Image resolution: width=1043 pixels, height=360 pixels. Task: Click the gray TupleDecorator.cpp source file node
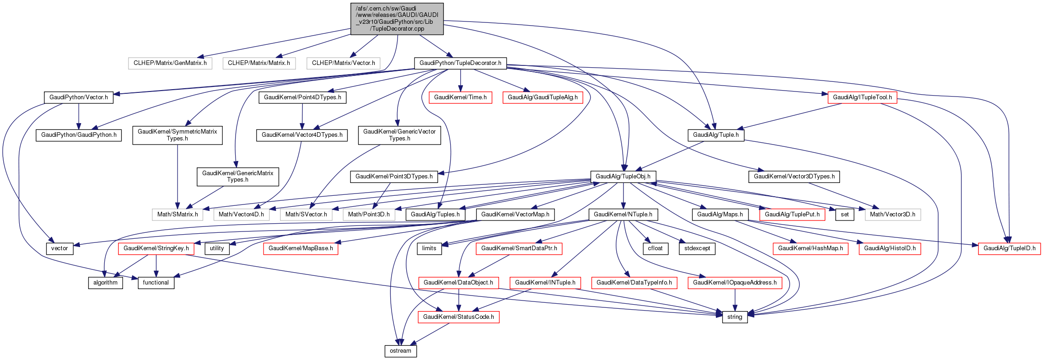(397, 18)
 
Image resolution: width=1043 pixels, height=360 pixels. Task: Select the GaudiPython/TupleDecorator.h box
(460, 63)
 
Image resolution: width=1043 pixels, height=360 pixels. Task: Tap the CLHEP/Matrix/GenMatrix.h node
(170, 63)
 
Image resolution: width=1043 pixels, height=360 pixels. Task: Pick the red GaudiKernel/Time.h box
(461, 97)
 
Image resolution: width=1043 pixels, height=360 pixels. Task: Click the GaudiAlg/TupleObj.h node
(623, 177)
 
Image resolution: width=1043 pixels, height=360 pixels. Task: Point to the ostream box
(401, 351)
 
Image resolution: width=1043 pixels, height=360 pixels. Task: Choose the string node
(735, 317)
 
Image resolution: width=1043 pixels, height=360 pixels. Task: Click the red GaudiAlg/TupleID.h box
(1009, 248)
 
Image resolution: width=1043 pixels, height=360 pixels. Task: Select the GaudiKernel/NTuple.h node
(623, 215)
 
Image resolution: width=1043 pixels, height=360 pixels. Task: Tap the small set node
(844, 215)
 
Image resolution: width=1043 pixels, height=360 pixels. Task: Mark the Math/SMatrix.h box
(177, 215)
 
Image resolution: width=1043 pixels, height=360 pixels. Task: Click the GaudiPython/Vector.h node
(79, 97)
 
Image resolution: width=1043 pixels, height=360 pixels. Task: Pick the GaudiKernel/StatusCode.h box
(458, 317)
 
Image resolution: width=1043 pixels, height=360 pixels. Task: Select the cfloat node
(655, 248)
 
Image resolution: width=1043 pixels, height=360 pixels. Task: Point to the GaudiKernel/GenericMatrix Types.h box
(238, 177)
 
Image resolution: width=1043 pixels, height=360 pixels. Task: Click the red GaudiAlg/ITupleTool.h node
(862, 97)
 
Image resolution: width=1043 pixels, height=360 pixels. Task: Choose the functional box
(156, 283)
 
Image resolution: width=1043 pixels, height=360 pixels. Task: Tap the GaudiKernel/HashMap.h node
(811, 248)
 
